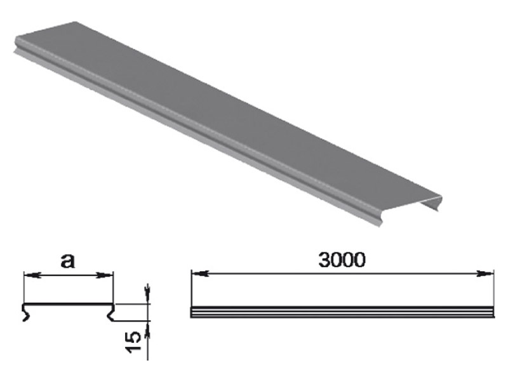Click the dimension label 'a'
[x=68, y=261]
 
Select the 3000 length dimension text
[x=342, y=260]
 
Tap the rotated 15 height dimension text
[x=133, y=342]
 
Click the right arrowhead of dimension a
[x=104, y=276]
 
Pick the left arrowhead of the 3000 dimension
[x=200, y=274]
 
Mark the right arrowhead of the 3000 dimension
[x=485, y=274]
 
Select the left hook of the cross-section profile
[x=25, y=313]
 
